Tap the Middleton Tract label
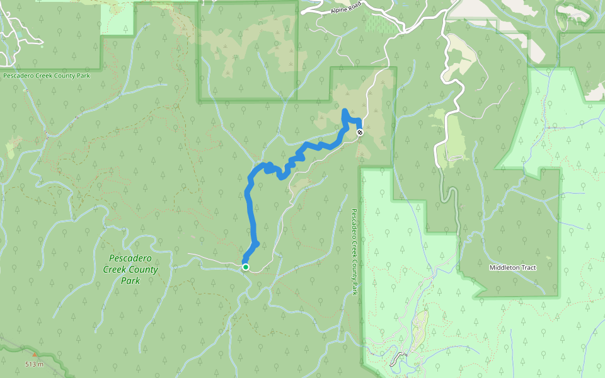(x=512, y=268)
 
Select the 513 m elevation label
(x=35, y=364)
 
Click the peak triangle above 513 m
(x=34, y=355)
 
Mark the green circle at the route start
(x=246, y=267)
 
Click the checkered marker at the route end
(x=360, y=132)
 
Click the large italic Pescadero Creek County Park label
(x=130, y=269)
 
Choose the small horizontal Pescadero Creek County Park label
(x=47, y=76)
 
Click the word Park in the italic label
(x=130, y=280)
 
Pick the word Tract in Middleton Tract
(x=527, y=268)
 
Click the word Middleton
(x=504, y=268)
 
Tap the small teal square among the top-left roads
(x=42, y=46)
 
